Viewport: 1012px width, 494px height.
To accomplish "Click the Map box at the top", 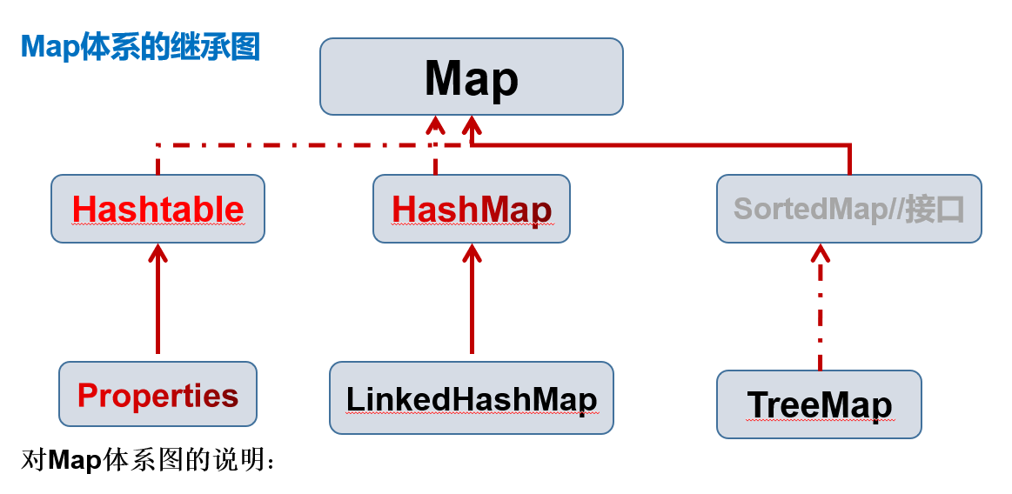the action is pos(471,76).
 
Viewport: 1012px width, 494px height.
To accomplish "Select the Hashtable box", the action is pos(158,209).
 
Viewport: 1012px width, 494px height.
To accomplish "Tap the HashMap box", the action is pos(471,209).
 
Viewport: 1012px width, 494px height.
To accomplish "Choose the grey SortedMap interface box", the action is pos(848,209).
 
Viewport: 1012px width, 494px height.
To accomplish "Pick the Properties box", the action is pos(158,393).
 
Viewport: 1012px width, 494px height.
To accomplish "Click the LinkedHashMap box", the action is pos(471,397).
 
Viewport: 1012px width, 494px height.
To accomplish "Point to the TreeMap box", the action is pos(819,404).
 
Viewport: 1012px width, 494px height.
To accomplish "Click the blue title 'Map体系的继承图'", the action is pos(140,46).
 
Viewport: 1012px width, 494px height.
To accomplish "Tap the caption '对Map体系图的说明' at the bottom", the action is pos(148,460).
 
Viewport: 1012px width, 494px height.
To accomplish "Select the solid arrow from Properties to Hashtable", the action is pos(158,298).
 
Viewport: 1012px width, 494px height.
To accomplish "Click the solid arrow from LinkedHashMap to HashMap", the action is pos(472,298).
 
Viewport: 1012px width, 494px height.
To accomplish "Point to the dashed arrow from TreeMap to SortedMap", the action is pos(821,308).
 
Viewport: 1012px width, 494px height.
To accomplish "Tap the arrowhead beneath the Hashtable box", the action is pos(158,252).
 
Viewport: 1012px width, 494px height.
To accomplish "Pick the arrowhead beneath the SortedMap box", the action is pos(821,253).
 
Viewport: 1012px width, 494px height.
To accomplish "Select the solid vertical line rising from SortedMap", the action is pos(849,159).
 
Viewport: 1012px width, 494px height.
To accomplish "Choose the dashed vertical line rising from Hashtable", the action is pos(158,159).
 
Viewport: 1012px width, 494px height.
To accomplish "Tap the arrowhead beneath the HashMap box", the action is pos(472,252).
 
